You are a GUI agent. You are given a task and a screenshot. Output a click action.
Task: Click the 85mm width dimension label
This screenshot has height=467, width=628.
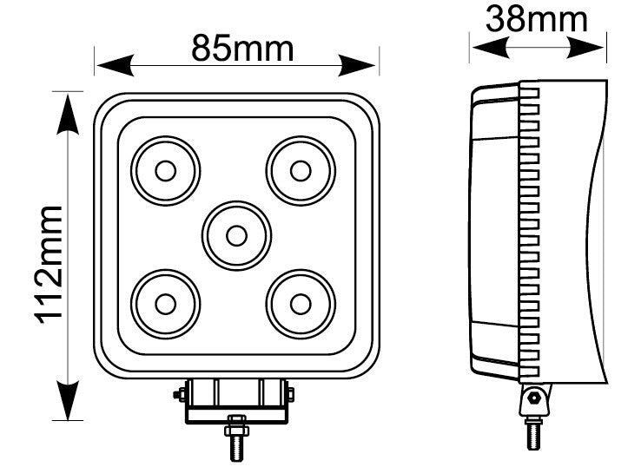coord(242,49)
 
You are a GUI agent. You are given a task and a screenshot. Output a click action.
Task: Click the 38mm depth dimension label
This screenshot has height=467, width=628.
coord(536,18)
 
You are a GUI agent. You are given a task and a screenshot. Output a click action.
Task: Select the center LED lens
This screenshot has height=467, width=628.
coord(235,234)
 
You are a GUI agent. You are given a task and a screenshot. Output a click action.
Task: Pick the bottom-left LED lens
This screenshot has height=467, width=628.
coord(165,303)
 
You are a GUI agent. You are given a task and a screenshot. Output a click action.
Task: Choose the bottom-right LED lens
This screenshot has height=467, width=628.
coord(300,303)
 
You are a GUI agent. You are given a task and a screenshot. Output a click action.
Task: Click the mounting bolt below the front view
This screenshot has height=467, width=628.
coord(235,439)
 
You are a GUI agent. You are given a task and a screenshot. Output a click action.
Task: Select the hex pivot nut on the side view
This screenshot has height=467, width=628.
coord(533,400)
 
